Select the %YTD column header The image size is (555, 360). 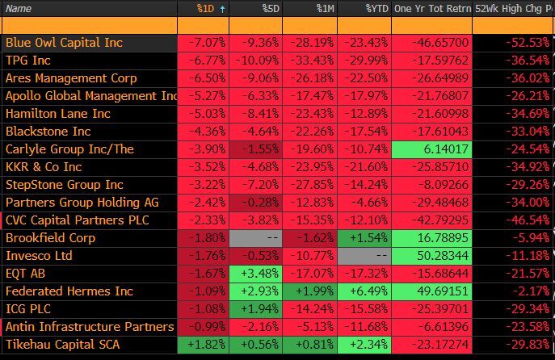(x=376, y=8)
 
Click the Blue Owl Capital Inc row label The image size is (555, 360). (x=64, y=42)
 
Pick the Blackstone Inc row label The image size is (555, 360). (x=48, y=131)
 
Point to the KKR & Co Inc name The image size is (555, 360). (x=44, y=166)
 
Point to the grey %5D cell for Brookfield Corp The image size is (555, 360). (x=256, y=237)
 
